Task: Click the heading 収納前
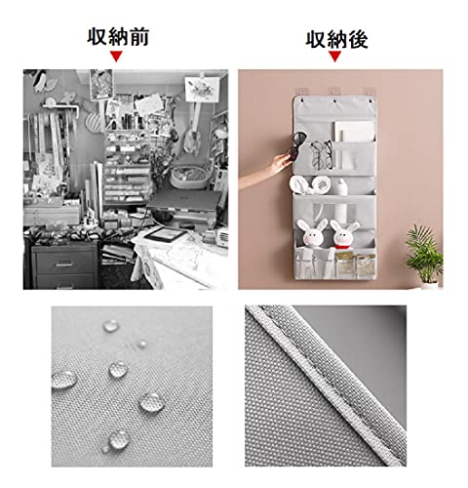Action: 118,36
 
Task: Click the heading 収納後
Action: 336,39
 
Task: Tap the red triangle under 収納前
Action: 116,56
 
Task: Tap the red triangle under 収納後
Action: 334,57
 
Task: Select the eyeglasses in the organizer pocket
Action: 322,154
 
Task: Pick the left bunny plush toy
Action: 312,234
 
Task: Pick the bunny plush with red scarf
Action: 343,236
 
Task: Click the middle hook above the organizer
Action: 334,91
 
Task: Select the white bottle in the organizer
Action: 341,199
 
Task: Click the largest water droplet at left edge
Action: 64,380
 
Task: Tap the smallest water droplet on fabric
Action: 141,344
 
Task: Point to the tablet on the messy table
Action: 166,233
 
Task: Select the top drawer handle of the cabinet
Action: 64,264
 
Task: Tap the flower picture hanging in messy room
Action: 202,87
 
